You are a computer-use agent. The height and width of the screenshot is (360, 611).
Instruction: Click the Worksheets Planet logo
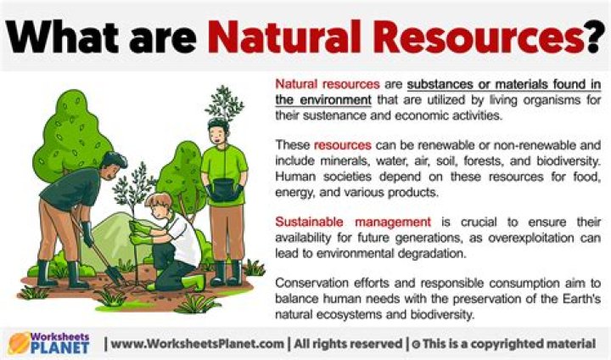[51, 343]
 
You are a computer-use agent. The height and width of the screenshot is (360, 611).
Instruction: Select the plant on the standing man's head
[224, 102]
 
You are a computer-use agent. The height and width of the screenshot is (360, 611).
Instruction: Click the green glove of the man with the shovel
[86, 231]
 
